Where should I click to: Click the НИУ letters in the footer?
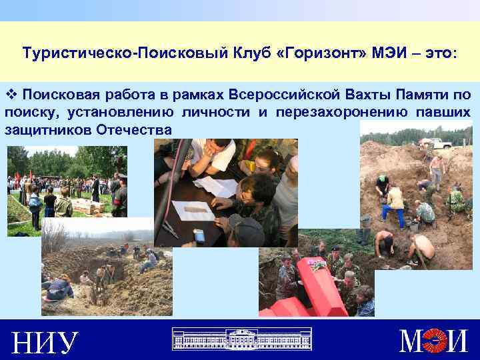click(x=45, y=341)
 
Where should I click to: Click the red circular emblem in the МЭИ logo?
click(x=437, y=340)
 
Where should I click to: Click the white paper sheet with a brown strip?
click(x=193, y=211)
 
